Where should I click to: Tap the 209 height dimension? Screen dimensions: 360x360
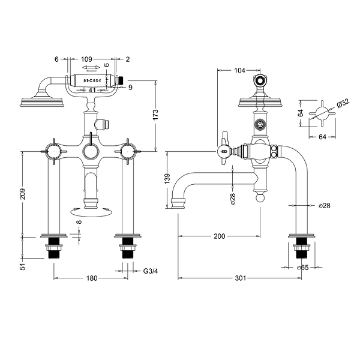point(23,194)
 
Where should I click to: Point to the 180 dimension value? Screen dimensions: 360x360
point(91,279)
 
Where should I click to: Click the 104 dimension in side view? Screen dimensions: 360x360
point(240,70)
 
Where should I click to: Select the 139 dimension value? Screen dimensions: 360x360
point(167,180)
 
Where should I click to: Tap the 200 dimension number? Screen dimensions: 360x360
point(219,236)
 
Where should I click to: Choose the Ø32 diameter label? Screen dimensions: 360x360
point(344,103)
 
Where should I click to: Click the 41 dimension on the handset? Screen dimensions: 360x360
point(92,91)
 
